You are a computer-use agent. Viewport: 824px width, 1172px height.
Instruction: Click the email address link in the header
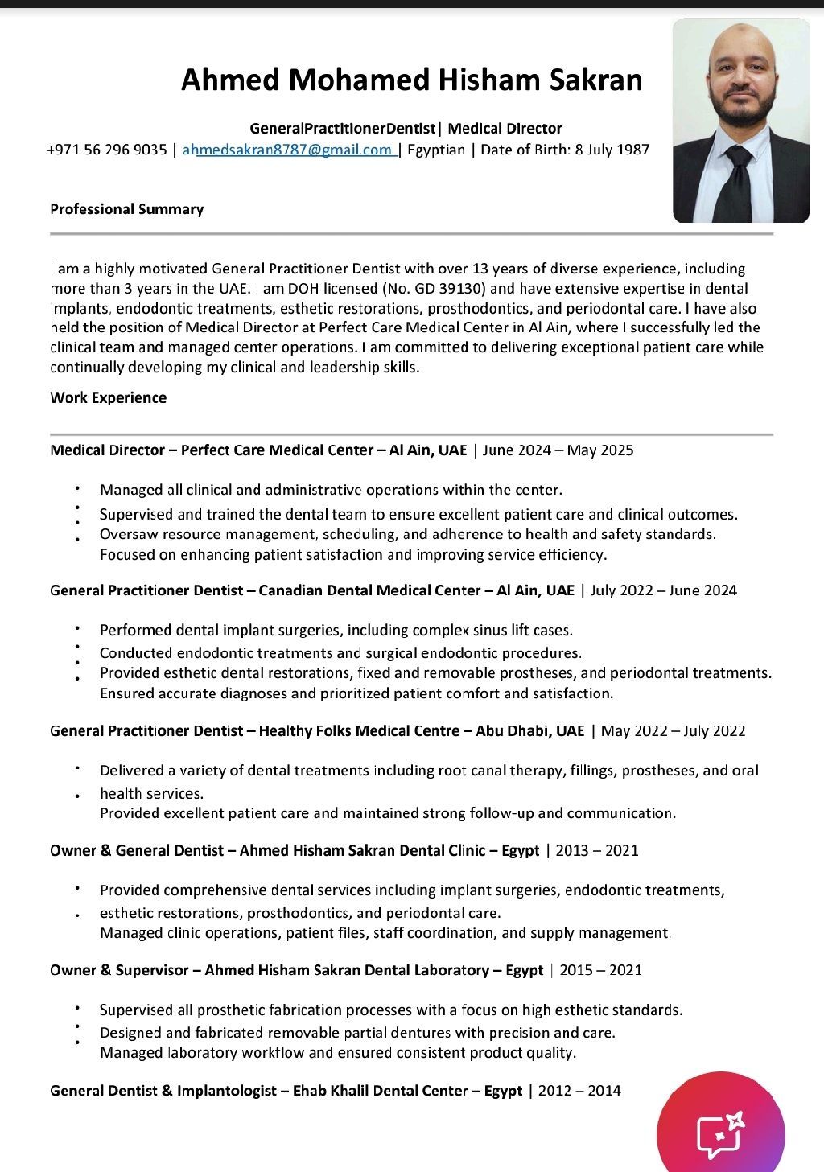[x=288, y=150]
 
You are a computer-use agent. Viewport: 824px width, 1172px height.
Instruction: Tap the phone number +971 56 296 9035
[x=107, y=150]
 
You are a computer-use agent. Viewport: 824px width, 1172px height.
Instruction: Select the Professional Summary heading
[x=126, y=209]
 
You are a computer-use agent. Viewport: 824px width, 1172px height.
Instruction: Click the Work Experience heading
[x=108, y=397]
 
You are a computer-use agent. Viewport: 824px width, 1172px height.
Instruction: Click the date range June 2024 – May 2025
[x=558, y=450]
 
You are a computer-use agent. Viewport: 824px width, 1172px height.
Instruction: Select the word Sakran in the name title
[x=596, y=80]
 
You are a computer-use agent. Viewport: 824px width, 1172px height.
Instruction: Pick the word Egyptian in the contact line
[x=436, y=150]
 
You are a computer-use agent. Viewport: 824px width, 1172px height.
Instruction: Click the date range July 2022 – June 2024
[x=663, y=590]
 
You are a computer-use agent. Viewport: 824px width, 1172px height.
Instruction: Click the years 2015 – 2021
[x=600, y=970]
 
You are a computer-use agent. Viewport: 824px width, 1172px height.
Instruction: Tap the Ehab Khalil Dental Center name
[x=380, y=1091]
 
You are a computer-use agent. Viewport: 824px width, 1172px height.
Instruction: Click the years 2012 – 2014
[x=579, y=1091]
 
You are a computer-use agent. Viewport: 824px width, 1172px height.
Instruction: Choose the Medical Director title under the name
[x=505, y=129]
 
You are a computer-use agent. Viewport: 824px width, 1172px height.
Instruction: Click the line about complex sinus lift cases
[x=336, y=630]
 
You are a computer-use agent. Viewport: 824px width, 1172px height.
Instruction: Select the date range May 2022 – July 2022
[x=673, y=730]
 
